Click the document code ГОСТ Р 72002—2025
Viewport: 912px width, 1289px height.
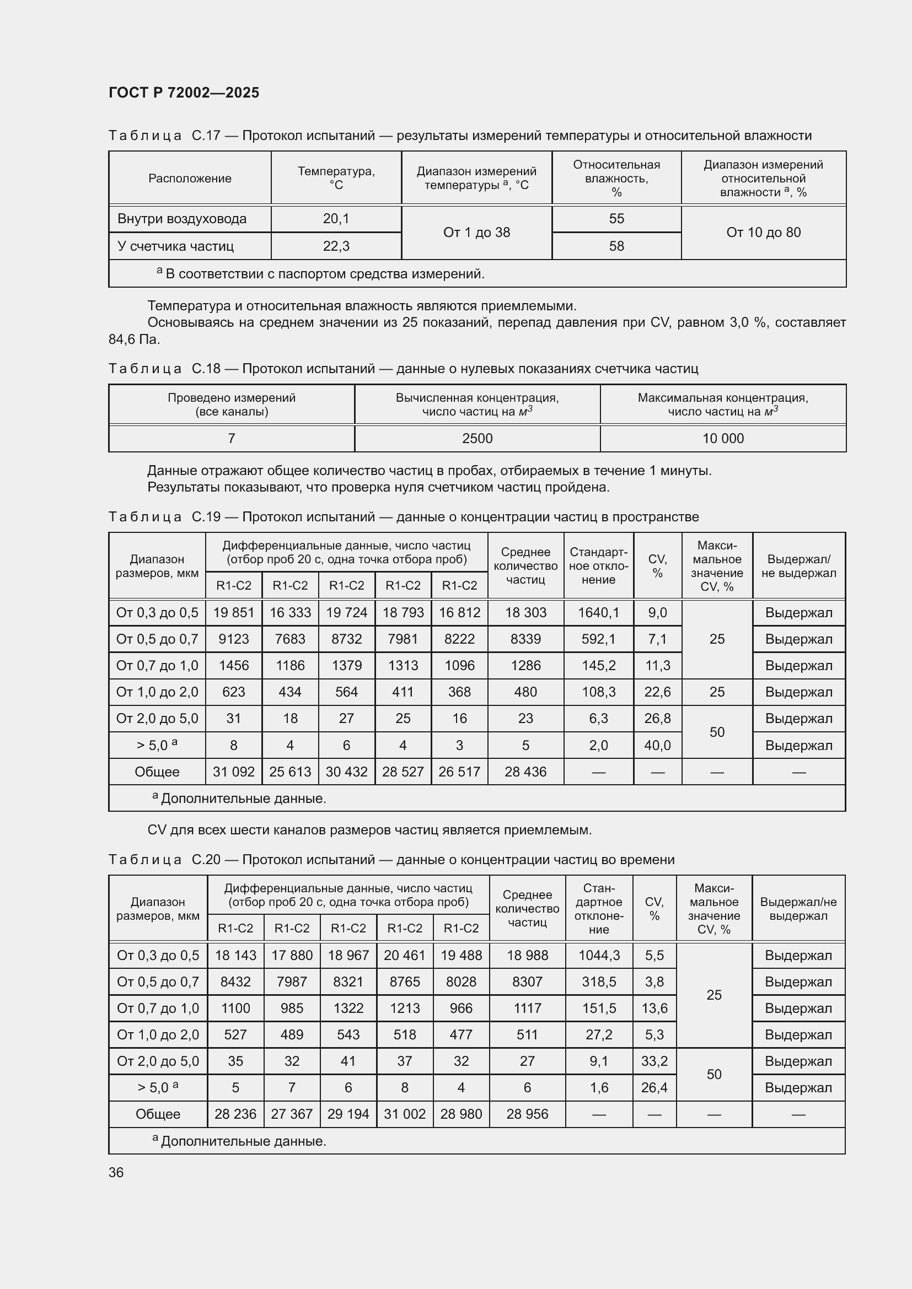point(184,93)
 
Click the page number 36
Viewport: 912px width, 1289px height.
point(116,1172)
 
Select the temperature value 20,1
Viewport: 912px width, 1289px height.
point(336,219)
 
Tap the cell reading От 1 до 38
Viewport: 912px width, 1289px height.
point(476,233)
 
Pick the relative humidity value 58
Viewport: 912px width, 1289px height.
point(616,246)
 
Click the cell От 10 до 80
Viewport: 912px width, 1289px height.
point(763,233)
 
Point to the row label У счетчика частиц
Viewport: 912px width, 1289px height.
point(175,246)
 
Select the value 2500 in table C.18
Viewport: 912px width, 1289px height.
point(477,439)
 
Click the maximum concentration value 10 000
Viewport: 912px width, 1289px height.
point(723,439)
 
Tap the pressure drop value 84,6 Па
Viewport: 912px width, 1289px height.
point(134,339)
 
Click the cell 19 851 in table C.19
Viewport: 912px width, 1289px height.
point(234,612)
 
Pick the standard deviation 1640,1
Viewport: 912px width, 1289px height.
point(598,612)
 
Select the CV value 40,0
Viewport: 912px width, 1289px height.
point(657,746)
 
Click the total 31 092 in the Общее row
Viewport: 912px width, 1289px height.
point(234,772)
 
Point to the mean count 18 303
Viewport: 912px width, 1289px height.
point(525,612)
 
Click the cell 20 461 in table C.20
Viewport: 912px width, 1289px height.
point(404,956)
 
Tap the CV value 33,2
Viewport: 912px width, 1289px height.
point(655,1061)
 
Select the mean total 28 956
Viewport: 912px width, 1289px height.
point(527,1114)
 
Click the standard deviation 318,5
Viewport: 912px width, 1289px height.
point(599,982)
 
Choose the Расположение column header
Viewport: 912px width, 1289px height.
point(190,179)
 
